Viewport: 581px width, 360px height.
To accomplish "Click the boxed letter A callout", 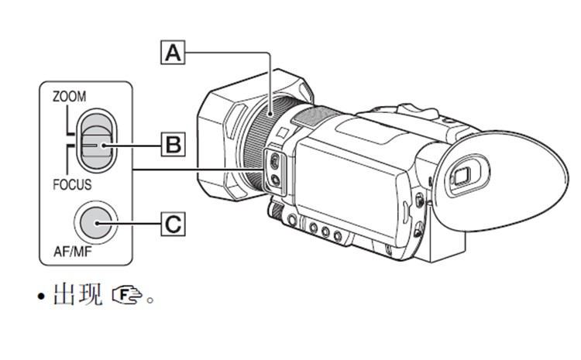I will point(176,53).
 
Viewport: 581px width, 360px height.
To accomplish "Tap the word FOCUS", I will point(72,185).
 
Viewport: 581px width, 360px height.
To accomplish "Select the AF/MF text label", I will point(75,253).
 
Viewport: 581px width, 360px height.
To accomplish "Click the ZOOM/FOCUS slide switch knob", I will point(97,143).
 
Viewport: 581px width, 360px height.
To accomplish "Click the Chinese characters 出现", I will point(77,296).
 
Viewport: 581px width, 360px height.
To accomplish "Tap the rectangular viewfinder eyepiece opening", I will point(462,173).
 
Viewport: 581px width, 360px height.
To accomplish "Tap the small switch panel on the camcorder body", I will point(275,170).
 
